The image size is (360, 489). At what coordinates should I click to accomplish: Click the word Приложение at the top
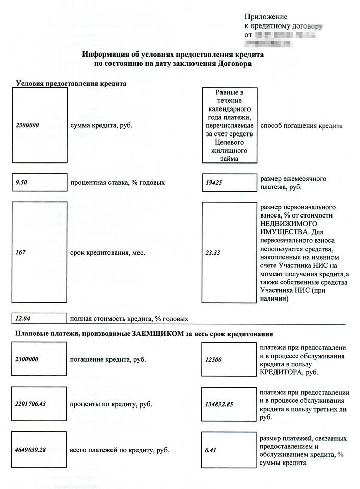266,17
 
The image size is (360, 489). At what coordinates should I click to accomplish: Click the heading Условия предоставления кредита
71,83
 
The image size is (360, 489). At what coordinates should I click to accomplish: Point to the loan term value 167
20,253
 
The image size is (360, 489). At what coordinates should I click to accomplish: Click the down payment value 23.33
213,253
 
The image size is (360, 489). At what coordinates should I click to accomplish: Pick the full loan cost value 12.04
23,319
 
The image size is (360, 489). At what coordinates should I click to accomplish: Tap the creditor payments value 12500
213,359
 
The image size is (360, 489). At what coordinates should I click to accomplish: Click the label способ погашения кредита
301,125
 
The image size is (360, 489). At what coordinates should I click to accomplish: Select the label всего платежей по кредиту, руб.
120,450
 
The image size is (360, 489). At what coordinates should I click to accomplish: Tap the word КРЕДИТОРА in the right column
280,373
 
